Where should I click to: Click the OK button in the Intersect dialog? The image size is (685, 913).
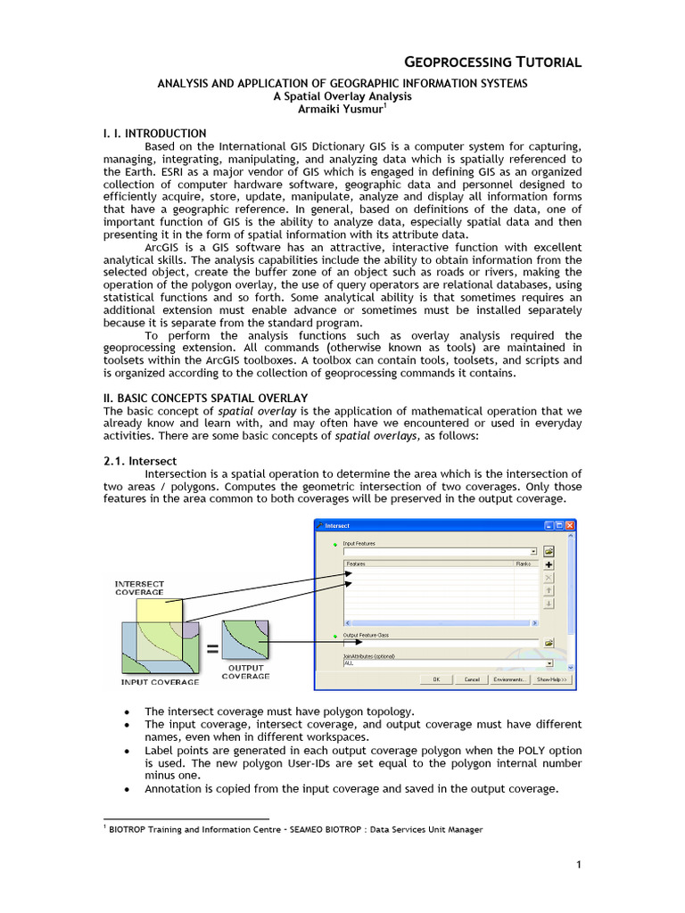(436, 679)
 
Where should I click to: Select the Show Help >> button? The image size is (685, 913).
(552, 679)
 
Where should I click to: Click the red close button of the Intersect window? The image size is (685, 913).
(570, 526)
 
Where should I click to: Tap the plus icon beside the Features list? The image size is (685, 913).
(549, 564)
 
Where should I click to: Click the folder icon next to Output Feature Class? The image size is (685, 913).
(549, 642)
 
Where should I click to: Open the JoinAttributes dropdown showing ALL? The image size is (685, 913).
(549, 663)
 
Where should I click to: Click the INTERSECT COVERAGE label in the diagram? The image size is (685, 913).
(140, 588)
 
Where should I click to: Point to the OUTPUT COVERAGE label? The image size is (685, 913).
(245, 671)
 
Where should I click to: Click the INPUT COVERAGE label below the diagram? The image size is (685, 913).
(161, 682)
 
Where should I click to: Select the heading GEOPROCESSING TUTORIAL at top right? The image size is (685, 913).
(493, 62)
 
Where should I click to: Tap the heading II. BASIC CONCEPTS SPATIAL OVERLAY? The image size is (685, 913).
(206, 397)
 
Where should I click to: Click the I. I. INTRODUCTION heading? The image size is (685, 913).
(155, 134)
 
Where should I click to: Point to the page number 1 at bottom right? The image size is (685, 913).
(578, 865)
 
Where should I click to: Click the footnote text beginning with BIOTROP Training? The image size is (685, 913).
(295, 829)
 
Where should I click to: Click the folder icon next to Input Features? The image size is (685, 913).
(549, 551)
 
